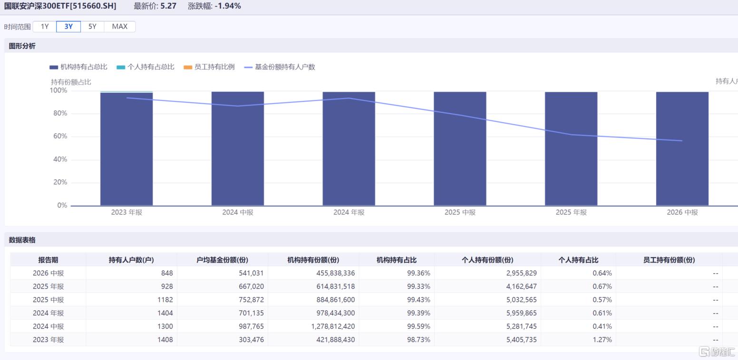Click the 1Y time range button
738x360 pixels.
tap(45, 26)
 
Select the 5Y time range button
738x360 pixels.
tap(92, 26)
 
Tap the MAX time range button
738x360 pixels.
tap(120, 26)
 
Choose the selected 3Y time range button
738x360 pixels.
tap(68, 26)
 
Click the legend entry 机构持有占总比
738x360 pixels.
tap(78, 67)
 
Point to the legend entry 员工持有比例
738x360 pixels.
tap(209, 67)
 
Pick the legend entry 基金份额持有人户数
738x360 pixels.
tap(280, 67)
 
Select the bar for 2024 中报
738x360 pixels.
tap(238, 148)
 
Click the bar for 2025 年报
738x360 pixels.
tap(571, 148)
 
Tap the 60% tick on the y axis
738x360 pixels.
tap(60, 136)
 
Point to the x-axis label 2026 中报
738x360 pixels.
tap(682, 212)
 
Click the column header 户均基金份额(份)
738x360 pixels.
tap(222, 260)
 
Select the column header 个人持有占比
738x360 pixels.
tap(578, 260)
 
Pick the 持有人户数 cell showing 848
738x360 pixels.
tap(167, 273)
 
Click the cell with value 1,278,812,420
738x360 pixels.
tap(333, 326)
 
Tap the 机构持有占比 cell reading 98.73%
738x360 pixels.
tap(418, 340)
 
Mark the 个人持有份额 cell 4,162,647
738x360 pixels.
tap(521, 286)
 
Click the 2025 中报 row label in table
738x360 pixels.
tap(48, 300)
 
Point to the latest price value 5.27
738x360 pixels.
tap(168, 6)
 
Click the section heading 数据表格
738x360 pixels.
tap(22, 240)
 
